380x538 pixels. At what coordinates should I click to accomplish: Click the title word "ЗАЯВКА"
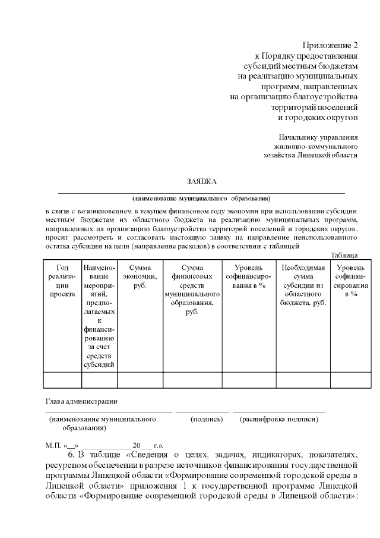point(201,181)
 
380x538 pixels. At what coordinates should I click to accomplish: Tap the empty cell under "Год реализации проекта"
point(62,379)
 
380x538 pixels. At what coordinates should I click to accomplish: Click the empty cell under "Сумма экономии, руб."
point(140,379)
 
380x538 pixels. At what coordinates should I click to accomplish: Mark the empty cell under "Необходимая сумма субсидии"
point(303,379)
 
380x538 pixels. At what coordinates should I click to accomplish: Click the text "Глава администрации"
point(81,401)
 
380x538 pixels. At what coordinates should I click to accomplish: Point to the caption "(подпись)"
point(205,419)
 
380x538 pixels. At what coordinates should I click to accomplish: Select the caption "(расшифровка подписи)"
point(278,419)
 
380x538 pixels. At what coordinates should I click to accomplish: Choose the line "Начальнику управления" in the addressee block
point(321,137)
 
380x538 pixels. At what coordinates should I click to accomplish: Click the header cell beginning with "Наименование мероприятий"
point(99,315)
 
